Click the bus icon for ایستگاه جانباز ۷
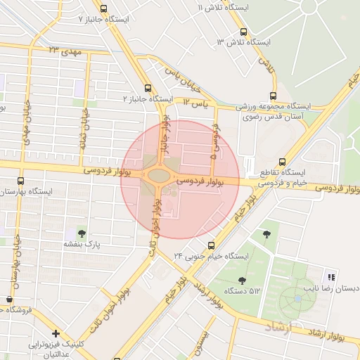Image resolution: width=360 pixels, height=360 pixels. click(104, 9)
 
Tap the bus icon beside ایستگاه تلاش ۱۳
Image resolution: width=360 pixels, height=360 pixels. click(244, 32)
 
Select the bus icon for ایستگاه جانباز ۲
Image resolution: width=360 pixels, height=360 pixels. click(148, 89)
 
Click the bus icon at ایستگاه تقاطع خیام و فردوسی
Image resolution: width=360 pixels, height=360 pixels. click(282, 161)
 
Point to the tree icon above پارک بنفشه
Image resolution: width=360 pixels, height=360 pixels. click(82, 232)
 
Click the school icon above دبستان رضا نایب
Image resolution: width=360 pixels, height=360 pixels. click(331, 276)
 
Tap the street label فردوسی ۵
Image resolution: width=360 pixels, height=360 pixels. click(215, 148)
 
